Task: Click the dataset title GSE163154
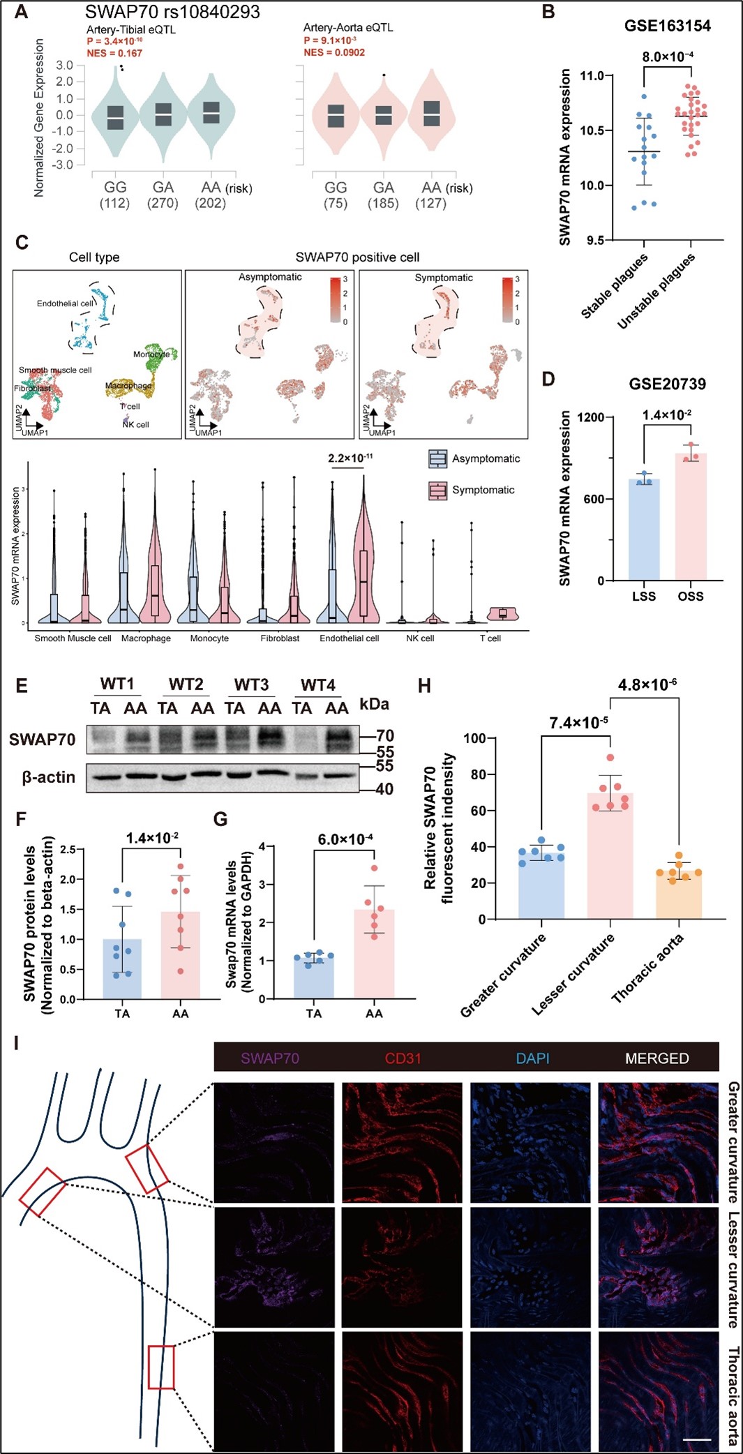667,27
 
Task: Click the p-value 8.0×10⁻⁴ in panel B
668,57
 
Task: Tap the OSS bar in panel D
691,517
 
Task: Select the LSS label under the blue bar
643,597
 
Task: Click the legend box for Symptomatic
437,490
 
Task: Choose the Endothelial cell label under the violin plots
349,638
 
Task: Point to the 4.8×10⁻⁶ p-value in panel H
647,685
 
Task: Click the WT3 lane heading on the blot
251,685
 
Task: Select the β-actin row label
48,777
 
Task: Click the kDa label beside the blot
374,704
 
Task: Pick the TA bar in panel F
122,969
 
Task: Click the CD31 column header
403,1058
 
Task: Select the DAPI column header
532,1058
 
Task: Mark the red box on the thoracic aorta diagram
161,1367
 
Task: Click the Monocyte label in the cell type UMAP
151,354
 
